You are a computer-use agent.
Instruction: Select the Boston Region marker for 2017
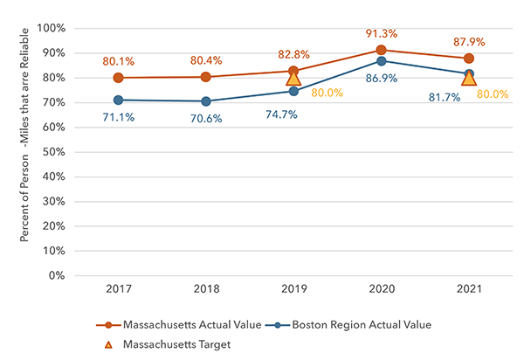point(118,100)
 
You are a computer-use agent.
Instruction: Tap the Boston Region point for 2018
point(205,101)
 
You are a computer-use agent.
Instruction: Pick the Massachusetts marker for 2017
point(118,78)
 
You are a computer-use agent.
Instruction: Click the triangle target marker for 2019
point(293,78)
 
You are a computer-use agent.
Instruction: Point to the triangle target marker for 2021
point(469,78)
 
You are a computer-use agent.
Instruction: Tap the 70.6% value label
point(205,118)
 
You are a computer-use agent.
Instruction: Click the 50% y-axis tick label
point(53,152)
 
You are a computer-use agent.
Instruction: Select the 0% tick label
point(57,275)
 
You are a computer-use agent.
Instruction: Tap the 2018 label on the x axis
point(205,287)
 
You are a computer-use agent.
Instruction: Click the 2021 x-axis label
point(469,287)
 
